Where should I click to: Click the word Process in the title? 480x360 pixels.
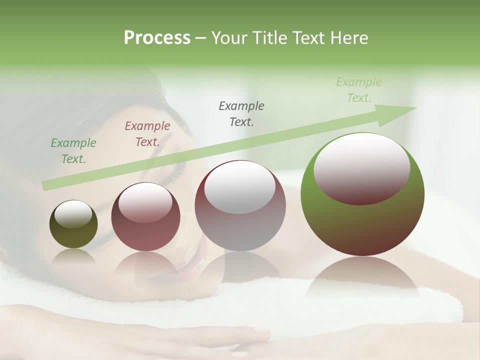(x=157, y=38)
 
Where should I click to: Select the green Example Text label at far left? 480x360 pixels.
(x=73, y=151)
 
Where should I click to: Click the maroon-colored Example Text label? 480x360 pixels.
(x=147, y=134)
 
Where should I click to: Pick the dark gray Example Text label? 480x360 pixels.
(x=241, y=113)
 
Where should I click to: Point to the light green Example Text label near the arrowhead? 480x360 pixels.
(x=359, y=90)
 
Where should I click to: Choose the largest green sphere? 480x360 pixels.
(x=362, y=220)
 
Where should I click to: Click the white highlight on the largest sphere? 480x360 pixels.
(x=361, y=162)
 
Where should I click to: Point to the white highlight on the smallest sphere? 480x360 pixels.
(x=73, y=213)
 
